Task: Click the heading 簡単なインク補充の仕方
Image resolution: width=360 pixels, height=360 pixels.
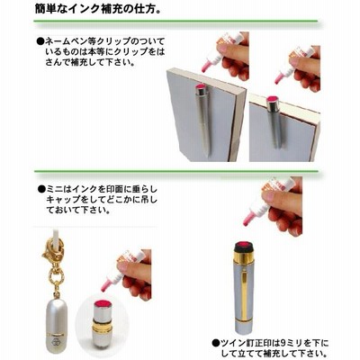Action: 98,8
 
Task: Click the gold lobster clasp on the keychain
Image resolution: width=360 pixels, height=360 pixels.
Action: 52,252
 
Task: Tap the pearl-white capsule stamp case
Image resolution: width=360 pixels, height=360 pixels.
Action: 58,324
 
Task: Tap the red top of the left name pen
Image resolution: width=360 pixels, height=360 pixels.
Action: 201,86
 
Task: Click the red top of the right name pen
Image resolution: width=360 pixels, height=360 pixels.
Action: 273,100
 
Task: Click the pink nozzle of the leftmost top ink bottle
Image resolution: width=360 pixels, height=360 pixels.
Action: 206,66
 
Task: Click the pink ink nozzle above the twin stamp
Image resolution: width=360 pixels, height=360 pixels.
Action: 248,219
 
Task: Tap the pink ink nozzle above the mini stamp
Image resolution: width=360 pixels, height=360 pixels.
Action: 106,285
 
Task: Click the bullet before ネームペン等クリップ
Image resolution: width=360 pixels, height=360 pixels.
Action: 40,41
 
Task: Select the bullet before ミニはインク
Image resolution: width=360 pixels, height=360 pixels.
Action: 41,189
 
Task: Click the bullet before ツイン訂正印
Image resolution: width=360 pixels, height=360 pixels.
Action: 215,343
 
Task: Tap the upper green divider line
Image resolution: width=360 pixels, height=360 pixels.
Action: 175,21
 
